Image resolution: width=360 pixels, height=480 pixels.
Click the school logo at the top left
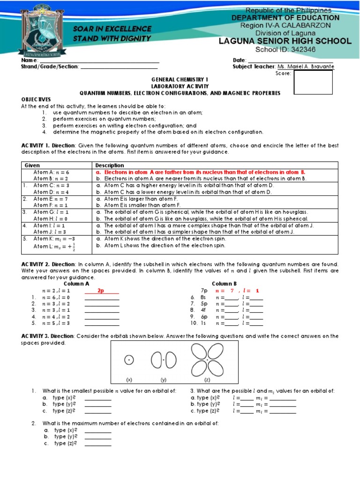click(x=40, y=28)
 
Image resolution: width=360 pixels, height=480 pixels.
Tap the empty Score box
click(x=313, y=82)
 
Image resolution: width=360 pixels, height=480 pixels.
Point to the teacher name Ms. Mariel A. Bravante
click(x=306, y=67)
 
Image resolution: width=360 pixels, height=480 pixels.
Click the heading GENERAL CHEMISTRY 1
click(x=180, y=80)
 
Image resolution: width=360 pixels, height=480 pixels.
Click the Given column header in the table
click(x=32, y=165)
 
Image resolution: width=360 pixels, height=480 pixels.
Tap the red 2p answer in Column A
click(x=100, y=291)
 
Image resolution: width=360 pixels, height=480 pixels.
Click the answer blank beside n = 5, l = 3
click(x=102, y=323)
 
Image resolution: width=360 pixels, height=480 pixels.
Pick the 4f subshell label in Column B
click(x=203, y=310)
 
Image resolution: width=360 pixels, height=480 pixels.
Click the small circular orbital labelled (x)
click(x=128, y=360)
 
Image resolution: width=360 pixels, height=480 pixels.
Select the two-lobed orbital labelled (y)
click(x=164, y=360)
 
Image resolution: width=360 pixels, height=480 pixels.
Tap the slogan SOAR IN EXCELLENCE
click(x=112, y=29)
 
